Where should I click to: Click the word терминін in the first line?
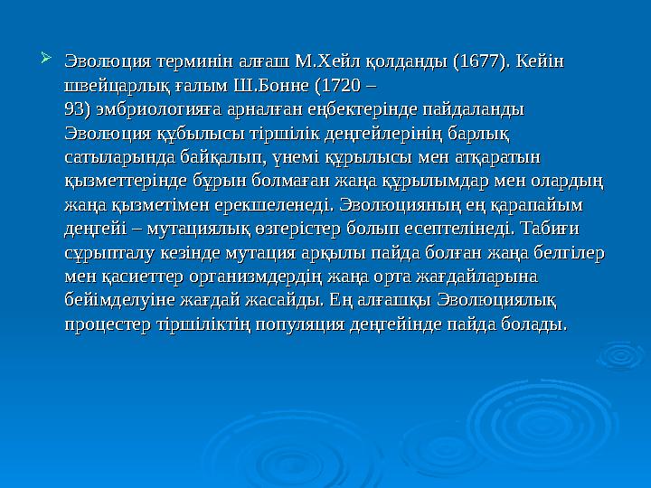pos(196,62)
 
